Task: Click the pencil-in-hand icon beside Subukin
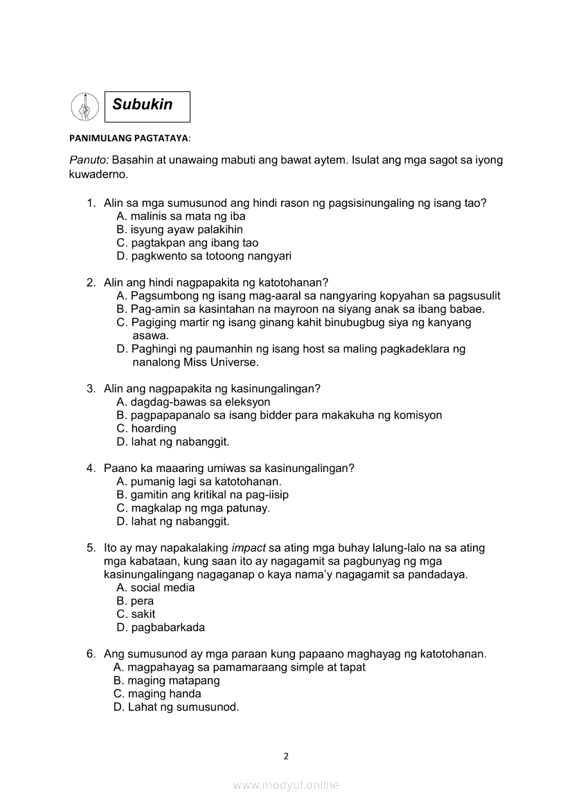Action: pos(84,107)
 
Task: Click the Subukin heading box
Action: pos(147,107)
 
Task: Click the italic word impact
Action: pos(249,547)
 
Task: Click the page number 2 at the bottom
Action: pos(286,756)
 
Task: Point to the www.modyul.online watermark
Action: pos(286,785)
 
